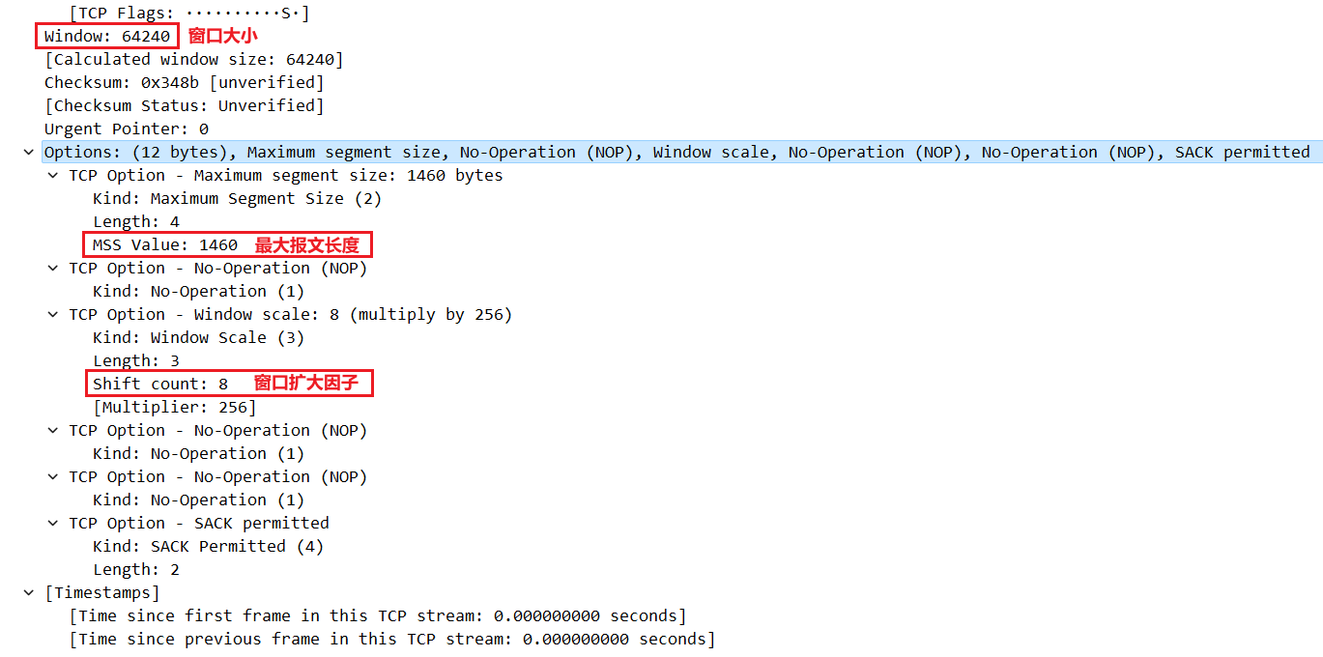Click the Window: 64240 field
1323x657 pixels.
click(x=107, y=37)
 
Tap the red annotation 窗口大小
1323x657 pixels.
click(x=223, y=37)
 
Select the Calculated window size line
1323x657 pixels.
click(x=193, y=60)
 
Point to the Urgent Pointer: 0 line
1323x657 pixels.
click(x=126, y=129)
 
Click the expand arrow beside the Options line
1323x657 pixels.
click(x=29, y=153)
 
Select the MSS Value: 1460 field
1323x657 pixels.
click(x=164, y=245)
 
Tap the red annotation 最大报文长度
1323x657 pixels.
click(x=306, y=245)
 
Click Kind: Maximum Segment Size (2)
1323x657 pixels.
click(x=237, y=199)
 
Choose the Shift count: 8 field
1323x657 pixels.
click(x=159, y=385)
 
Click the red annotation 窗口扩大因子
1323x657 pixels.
click(x=305, y=384)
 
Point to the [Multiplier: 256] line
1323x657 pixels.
click(x=174, y=408)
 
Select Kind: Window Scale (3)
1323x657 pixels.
click(x=198, y=338)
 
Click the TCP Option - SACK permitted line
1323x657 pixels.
click(x=198, y=524)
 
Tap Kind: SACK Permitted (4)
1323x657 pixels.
click(x=208, y=547)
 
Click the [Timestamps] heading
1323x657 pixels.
click(x=102, y=593)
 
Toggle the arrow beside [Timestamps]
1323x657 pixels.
click(x=29, y=593)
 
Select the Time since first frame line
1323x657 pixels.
click(x=377, y=616)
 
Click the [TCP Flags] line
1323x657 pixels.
click(x=188, y=14)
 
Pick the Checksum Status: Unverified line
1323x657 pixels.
click(x=184, y=106)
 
